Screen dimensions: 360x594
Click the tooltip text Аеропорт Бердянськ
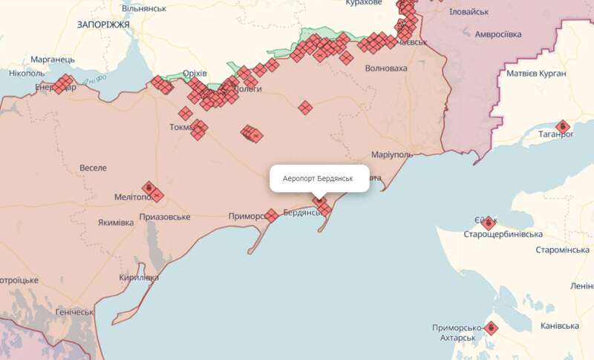click(x=319, y=180)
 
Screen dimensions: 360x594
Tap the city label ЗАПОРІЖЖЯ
click(x=103, y=24)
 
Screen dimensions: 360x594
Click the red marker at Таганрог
click(x=562, y=127)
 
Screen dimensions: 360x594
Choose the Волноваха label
click(x=386, y=68)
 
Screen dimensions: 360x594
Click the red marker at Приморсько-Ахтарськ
click(x=490, y=327)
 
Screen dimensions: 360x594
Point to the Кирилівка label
click(x=138, y=278)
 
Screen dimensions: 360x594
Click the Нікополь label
click(x=27, y=73)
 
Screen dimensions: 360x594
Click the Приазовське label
click(x=164, y=217)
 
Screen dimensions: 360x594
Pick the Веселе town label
click(x=93, y=168)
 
